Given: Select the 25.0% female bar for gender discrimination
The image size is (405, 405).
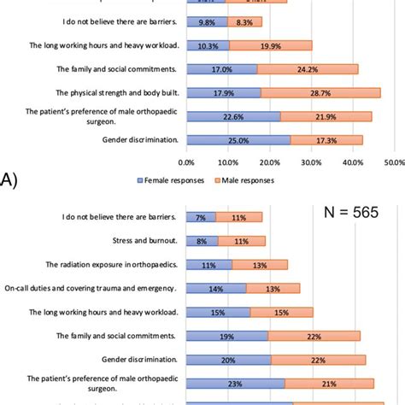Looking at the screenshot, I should point(238,140).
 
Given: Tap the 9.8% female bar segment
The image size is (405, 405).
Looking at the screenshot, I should point(207,22).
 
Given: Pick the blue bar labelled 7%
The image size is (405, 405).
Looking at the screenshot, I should point(201,218).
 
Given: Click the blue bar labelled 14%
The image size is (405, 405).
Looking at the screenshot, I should point(214,289).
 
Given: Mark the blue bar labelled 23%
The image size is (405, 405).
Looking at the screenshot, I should point(234,383).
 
